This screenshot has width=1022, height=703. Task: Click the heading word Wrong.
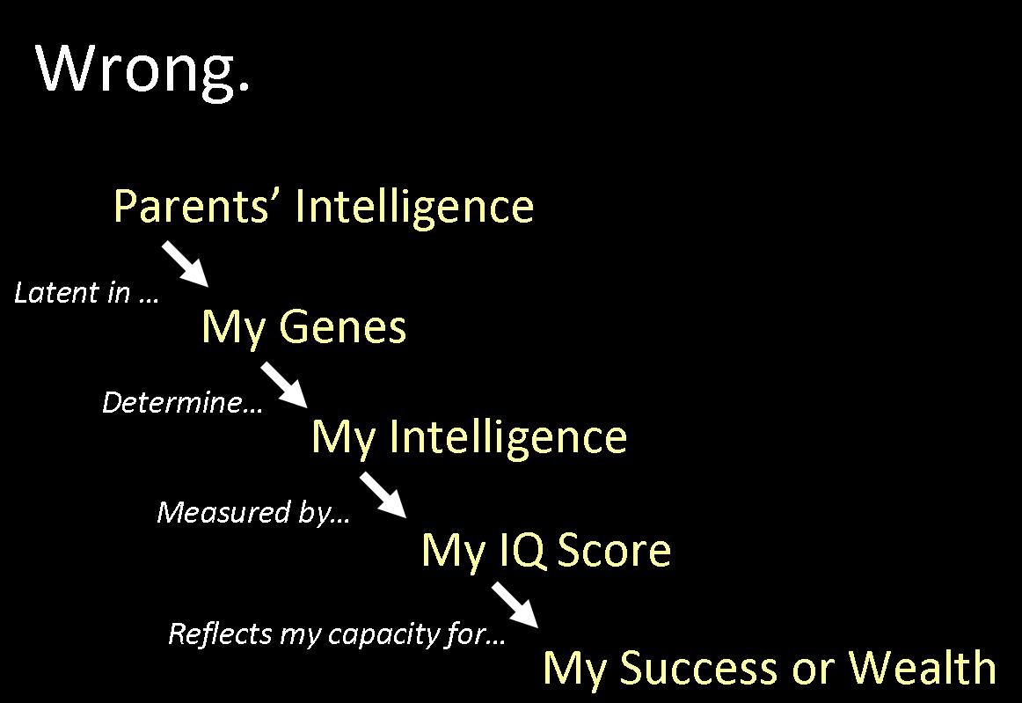point(142,70)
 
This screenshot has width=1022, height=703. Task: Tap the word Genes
point(343,326)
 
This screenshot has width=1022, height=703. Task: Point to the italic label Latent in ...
point(87,293)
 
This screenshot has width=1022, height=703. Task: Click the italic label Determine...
point(183,402)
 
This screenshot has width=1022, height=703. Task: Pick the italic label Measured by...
point(253,513)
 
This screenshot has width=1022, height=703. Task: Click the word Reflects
point(220,633)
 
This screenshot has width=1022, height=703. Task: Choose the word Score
point(614,551)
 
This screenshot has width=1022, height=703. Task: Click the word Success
point(698,668)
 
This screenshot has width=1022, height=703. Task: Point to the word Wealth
point(923,667)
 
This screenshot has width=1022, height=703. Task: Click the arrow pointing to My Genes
point(185,263)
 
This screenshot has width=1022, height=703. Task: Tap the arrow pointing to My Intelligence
point(284,385)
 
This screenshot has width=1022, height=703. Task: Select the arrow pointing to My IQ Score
point(383,495)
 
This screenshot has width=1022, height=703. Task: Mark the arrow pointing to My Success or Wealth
point(515,605)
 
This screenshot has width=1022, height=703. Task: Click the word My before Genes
point(233,327)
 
